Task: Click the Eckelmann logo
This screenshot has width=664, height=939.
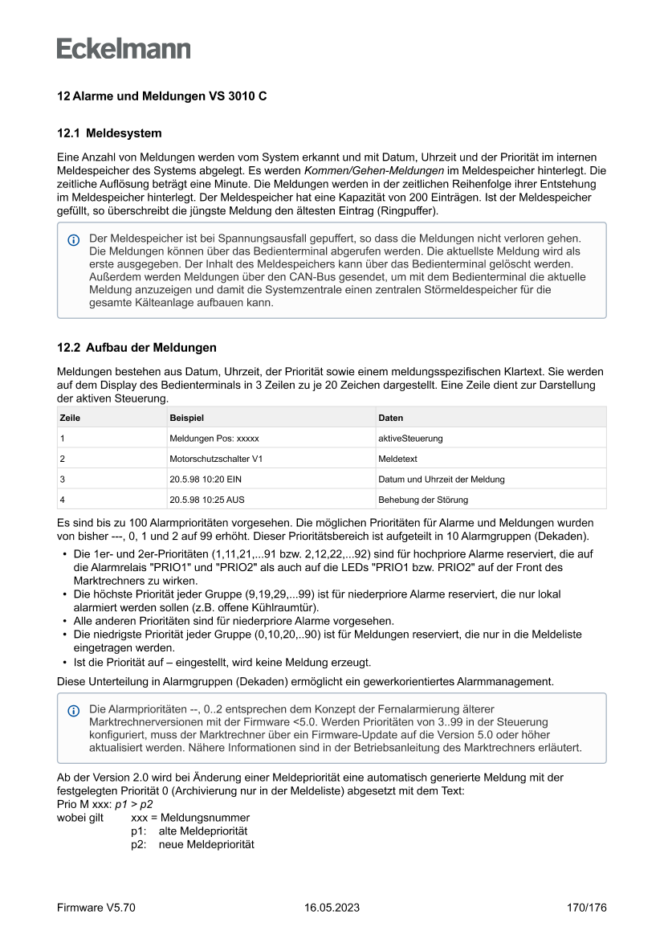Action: click(124, 48)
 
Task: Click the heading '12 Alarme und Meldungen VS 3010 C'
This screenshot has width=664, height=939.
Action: click(161, 96)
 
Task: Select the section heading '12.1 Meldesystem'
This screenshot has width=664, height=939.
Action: click(109, 133)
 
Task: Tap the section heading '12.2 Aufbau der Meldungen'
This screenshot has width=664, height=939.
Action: click(136, 348)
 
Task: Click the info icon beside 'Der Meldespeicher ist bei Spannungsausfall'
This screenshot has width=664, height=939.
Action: click(74, 239)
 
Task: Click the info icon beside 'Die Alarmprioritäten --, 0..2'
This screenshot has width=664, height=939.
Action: click(74, 710)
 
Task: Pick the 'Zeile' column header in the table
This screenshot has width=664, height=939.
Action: click(70, 418)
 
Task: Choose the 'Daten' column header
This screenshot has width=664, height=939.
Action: click(390, 418)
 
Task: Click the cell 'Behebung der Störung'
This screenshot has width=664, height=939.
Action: click(422, 500)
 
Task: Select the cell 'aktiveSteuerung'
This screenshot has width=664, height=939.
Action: click(410, 439)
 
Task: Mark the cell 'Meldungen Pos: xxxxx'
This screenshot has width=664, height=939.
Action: click(214, 439)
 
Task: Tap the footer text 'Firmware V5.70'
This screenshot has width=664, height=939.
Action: click(96, 908)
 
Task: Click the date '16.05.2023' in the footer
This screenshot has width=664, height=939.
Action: click(332, 908)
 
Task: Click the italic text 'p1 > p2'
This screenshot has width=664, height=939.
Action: click(134, 802)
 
